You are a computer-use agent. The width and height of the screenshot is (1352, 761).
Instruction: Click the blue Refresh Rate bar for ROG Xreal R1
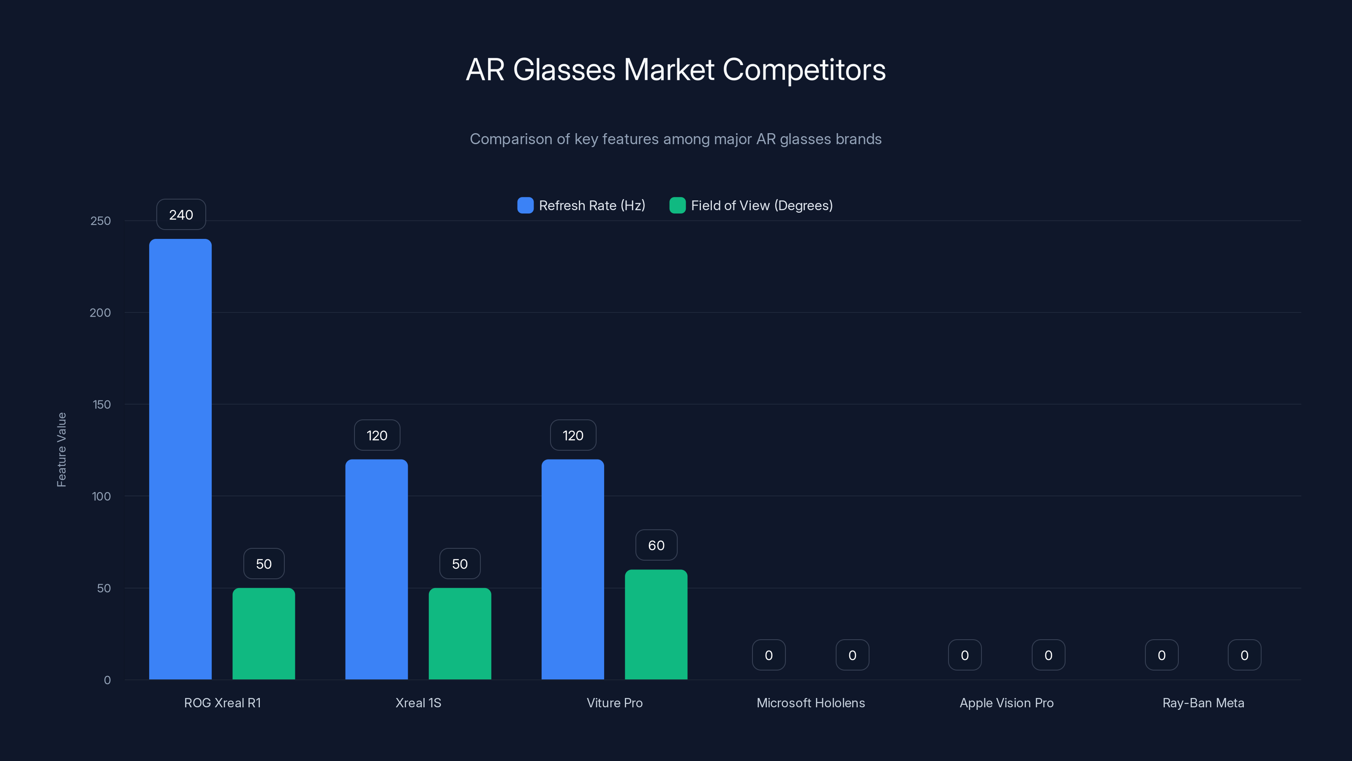(180, 459)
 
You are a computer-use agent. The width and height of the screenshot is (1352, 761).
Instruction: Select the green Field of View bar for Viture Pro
(656, 624)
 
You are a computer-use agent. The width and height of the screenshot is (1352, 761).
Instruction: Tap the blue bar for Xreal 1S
(376, 569)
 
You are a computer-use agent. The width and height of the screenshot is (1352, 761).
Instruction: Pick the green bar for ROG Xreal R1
(264, 633)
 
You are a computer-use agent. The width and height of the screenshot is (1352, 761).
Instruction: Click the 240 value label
(181, 215)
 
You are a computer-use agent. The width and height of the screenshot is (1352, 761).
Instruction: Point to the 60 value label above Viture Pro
(656, 545)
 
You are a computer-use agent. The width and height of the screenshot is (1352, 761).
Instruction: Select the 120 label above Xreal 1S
(377, 435)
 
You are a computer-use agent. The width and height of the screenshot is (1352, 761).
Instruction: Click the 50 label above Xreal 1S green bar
(460, 564)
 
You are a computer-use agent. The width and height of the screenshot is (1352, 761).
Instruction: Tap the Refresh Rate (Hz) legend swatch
(525, 205)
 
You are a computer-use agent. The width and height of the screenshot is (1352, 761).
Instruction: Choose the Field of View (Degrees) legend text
(761, 205)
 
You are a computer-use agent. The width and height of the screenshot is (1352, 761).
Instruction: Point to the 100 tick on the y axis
(101, 496)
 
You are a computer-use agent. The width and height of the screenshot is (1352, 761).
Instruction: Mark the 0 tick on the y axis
(107, 680)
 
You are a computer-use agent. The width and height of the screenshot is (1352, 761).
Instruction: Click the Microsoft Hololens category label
(810, 703)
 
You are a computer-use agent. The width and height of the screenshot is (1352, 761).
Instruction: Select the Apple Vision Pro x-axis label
(1006, 703)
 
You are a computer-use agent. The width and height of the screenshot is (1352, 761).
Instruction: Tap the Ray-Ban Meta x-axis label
(1203, 703)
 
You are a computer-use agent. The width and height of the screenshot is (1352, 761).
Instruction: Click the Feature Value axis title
(61, 449)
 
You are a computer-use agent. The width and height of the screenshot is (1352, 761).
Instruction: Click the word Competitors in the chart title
(804, 70)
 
